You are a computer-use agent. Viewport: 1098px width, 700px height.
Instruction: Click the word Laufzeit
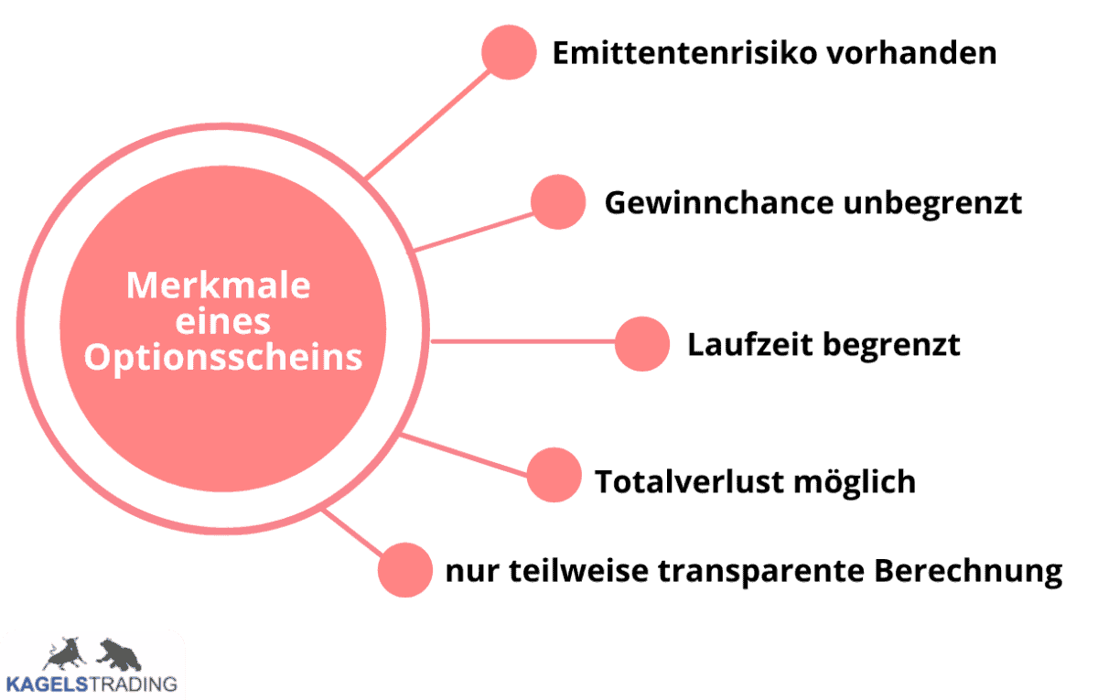[750, 345]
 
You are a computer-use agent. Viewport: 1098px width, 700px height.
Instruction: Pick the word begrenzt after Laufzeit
[891, 345]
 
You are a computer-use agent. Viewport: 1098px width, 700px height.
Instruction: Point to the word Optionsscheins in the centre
[223, 357]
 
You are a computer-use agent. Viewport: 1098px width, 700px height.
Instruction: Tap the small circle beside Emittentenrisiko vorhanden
[509, 52]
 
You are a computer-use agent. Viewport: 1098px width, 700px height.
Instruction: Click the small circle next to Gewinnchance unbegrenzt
[558, 201]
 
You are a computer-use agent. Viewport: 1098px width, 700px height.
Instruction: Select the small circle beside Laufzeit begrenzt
[642, 344]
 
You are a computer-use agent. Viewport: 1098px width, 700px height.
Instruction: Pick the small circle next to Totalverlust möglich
[554, 475]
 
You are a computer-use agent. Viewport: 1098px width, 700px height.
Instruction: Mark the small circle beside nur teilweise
[404, 569]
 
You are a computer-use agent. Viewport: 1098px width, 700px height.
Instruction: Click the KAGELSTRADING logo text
[91, 683]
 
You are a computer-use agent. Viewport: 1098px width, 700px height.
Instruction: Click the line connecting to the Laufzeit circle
[522, 342]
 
